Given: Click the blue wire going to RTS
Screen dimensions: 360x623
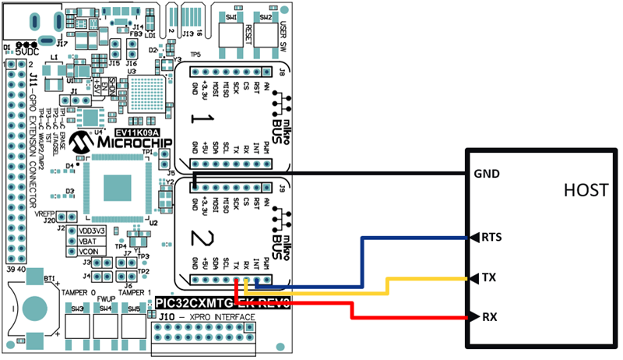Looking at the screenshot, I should [x=413, y=237].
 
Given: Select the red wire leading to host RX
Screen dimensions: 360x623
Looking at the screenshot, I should [x=413, y=317].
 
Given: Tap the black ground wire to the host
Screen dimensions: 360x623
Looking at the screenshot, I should [x=350, y=174].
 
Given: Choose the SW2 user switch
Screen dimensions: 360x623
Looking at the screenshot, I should [x=266, y=31].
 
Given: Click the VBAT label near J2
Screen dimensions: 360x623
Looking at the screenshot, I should [x=90, y=242].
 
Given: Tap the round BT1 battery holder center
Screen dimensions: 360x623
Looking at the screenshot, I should [x=33, y=307].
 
